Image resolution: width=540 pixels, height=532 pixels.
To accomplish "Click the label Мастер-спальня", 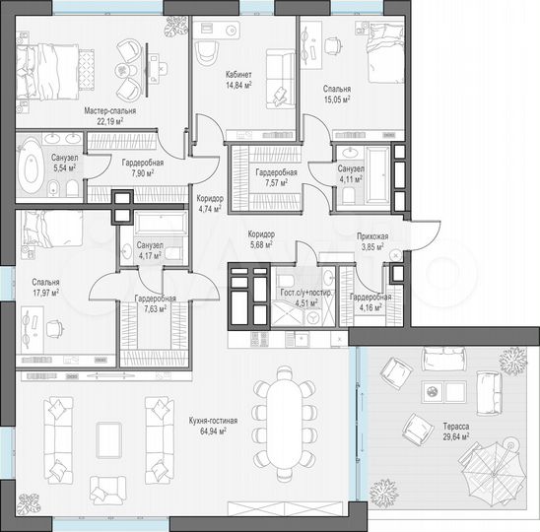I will pos(109,112).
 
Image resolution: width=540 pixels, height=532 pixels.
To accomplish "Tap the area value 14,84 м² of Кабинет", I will pos(237,86).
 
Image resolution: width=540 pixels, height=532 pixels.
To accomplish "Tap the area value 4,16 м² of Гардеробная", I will pos(371,305).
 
